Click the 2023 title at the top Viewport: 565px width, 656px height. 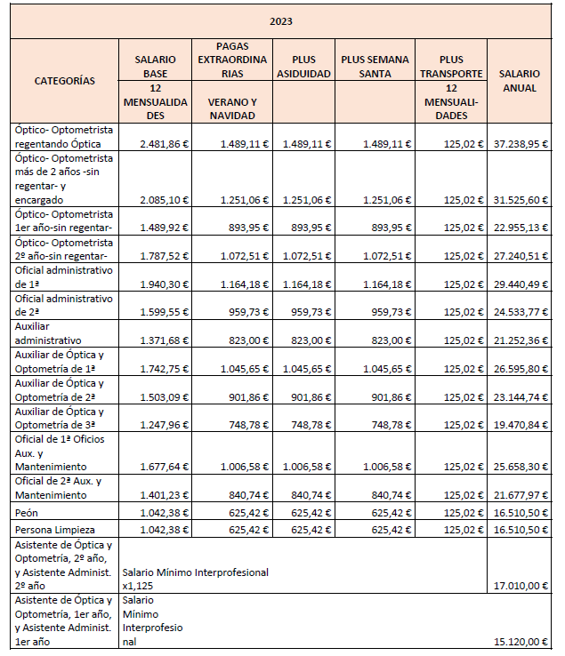(282, 21)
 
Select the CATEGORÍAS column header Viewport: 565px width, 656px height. (64, 80)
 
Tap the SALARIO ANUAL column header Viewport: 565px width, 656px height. (519, 81)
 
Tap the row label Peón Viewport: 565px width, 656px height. (27, 513)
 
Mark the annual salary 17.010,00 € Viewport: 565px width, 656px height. (521, 586)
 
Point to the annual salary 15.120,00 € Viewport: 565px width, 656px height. (521, 642)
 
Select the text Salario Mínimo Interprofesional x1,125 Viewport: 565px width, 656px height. (195, 579)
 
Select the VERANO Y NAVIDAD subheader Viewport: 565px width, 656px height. (231, 108)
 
